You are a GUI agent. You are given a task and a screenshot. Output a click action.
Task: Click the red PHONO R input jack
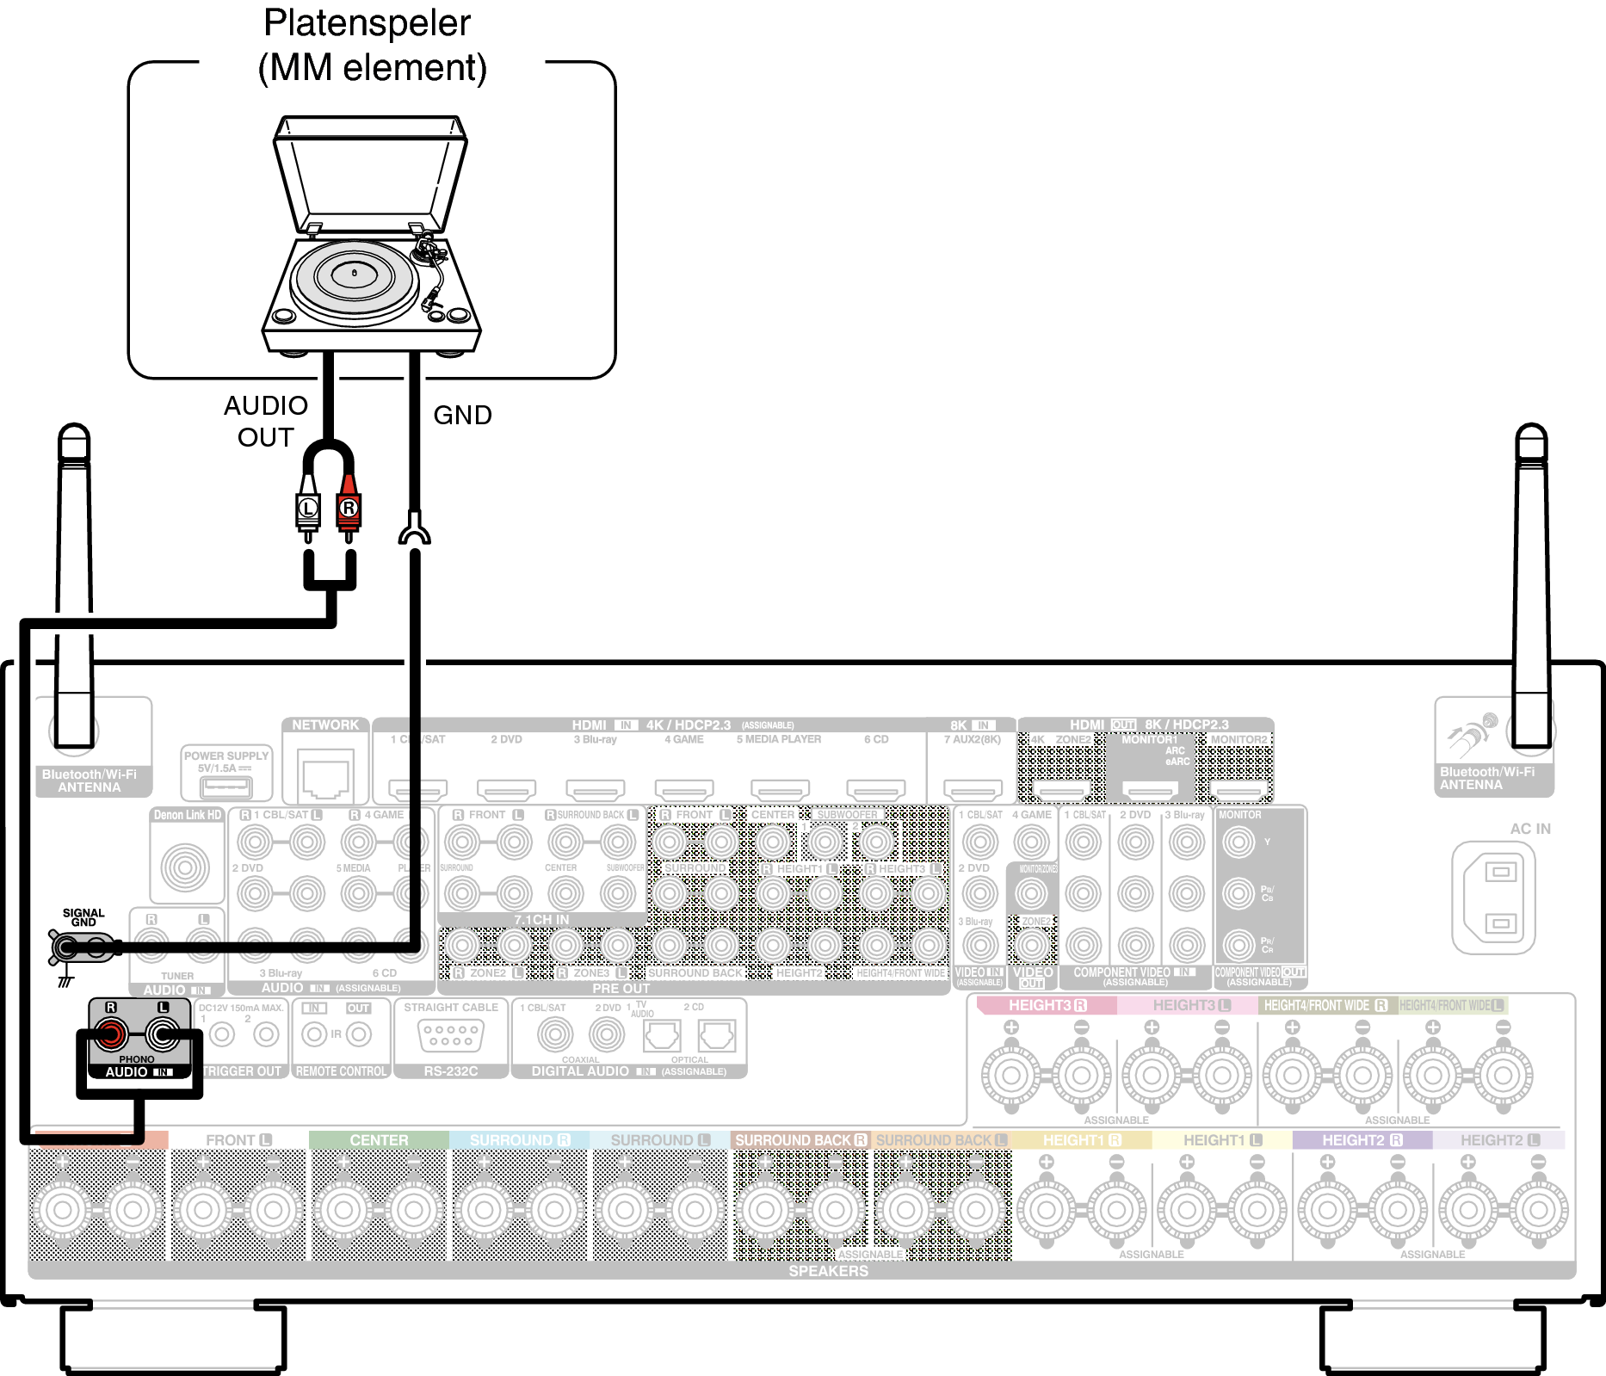(x=110, y=1034)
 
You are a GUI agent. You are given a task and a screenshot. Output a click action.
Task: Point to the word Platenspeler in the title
(x=367, y=23)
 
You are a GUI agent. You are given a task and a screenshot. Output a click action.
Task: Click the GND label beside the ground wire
(x=462, y=416)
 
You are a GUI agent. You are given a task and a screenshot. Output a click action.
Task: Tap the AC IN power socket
(x=1499, y=898)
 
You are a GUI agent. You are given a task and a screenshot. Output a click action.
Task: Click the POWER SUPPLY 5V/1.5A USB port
(x=225, y=787)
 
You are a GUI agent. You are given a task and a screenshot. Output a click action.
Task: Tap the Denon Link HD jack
(x=185, y=867)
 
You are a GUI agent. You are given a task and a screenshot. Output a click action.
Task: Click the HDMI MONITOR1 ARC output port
(x=1150, y=789)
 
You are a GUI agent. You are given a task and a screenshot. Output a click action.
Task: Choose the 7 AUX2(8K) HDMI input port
(x=973, y=788)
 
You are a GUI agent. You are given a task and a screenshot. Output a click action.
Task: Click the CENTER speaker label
(x=379, y=1140)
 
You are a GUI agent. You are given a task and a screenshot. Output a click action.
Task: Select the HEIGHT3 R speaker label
(x=1047, y=1005)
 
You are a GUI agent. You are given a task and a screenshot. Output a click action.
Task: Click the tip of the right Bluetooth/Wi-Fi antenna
(x=1531, y=430)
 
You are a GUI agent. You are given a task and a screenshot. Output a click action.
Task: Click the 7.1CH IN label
(x=541, y=920)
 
